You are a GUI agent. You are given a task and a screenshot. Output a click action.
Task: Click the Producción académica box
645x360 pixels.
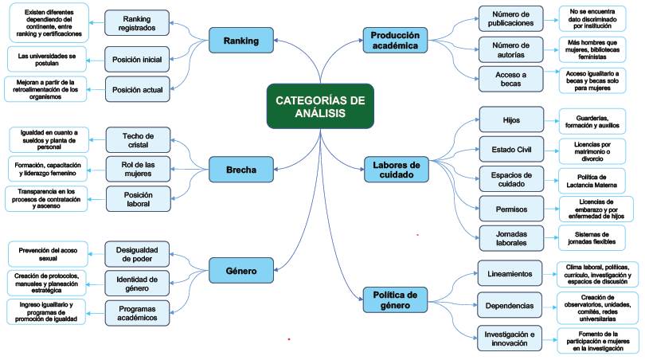pyautogui.click(x=396, y=40)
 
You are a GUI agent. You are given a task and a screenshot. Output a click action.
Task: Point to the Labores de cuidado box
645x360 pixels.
pyautogui.click(x=396, y=170)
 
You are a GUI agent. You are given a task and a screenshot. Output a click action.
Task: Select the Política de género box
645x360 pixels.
pyautogui.click(x=396, y=299)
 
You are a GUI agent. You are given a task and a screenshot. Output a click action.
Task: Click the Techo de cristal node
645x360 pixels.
pyautogui.click(x=138, y=140)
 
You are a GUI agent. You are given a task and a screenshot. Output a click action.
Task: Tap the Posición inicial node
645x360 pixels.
pyautogui.click(x=138, y=59)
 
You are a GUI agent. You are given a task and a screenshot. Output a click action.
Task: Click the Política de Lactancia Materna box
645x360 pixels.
pyautogui.click(x=592, y=179)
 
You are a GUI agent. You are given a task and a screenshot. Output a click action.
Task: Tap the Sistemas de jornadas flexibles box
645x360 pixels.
pyautogui.click(x=592, y=237)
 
